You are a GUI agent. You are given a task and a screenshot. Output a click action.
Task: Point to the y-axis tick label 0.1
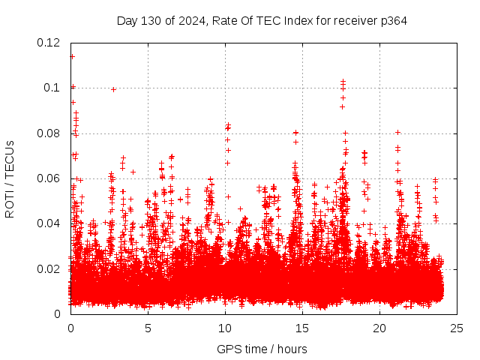(54, 88)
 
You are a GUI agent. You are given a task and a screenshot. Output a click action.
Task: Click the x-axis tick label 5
(148, 328)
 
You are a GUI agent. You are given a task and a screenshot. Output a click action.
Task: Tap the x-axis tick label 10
(225, 328)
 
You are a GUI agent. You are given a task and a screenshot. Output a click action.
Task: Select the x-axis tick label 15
(302, 328)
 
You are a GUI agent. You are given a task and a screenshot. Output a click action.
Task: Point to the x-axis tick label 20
(379, 328)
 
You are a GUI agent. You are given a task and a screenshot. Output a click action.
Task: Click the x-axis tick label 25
(457, 328)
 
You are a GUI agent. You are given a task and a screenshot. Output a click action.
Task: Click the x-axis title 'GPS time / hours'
(262, 349)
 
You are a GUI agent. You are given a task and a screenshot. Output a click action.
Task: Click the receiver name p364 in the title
(393, 20)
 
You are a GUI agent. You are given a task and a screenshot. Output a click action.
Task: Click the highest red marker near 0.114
(72, 56)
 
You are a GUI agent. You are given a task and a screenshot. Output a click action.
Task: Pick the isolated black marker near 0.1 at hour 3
(113, 89)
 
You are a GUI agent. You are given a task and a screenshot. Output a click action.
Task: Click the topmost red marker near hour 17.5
(343, 80)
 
